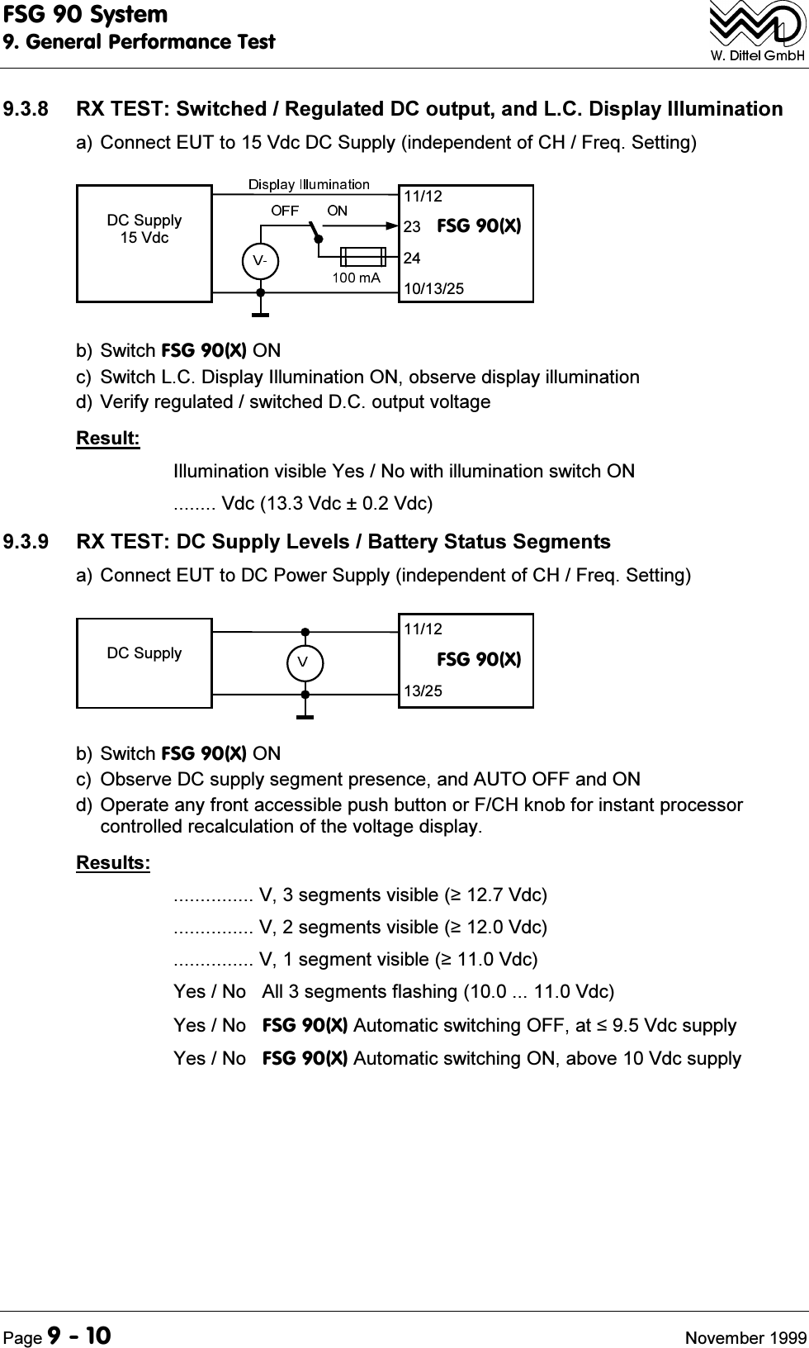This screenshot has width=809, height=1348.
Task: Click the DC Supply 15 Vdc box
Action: [144, 243]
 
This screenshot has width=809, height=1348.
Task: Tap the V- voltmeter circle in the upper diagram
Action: [260, 259]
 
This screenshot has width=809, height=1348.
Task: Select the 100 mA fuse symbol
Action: [362, 255]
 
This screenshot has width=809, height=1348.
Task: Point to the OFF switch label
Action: [285, 211]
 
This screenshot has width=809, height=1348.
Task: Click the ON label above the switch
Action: [337, 211]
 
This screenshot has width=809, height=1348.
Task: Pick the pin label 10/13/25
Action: [433, 289]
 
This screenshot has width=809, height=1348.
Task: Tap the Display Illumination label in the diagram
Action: [309, 183]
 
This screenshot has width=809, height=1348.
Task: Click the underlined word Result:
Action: [108, 438]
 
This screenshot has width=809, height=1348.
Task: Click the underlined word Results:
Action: [113, 863]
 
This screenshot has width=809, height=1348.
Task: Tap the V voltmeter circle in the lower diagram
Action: [305, 662]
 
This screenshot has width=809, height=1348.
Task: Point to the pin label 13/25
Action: [423, 691]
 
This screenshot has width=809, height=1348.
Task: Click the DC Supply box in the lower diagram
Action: [144, 661]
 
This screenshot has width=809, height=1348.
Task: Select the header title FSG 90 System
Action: [85, 15]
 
